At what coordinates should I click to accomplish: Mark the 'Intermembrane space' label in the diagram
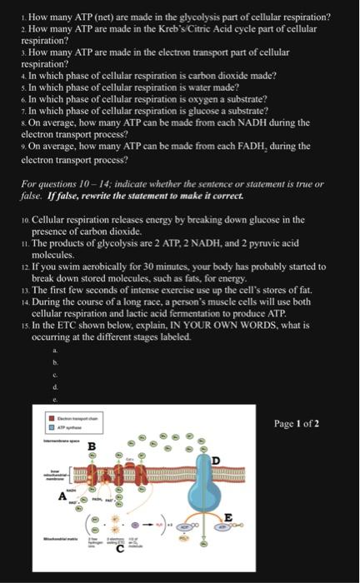click(61, 440)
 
